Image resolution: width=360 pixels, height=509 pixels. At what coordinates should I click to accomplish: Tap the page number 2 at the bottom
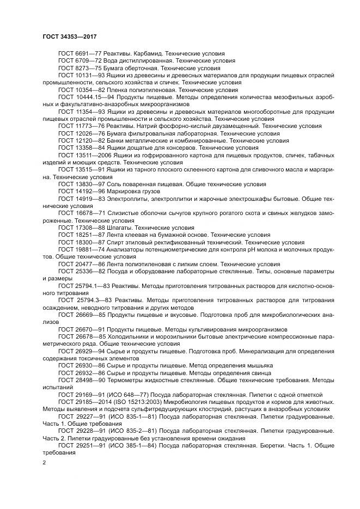point(45,463)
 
